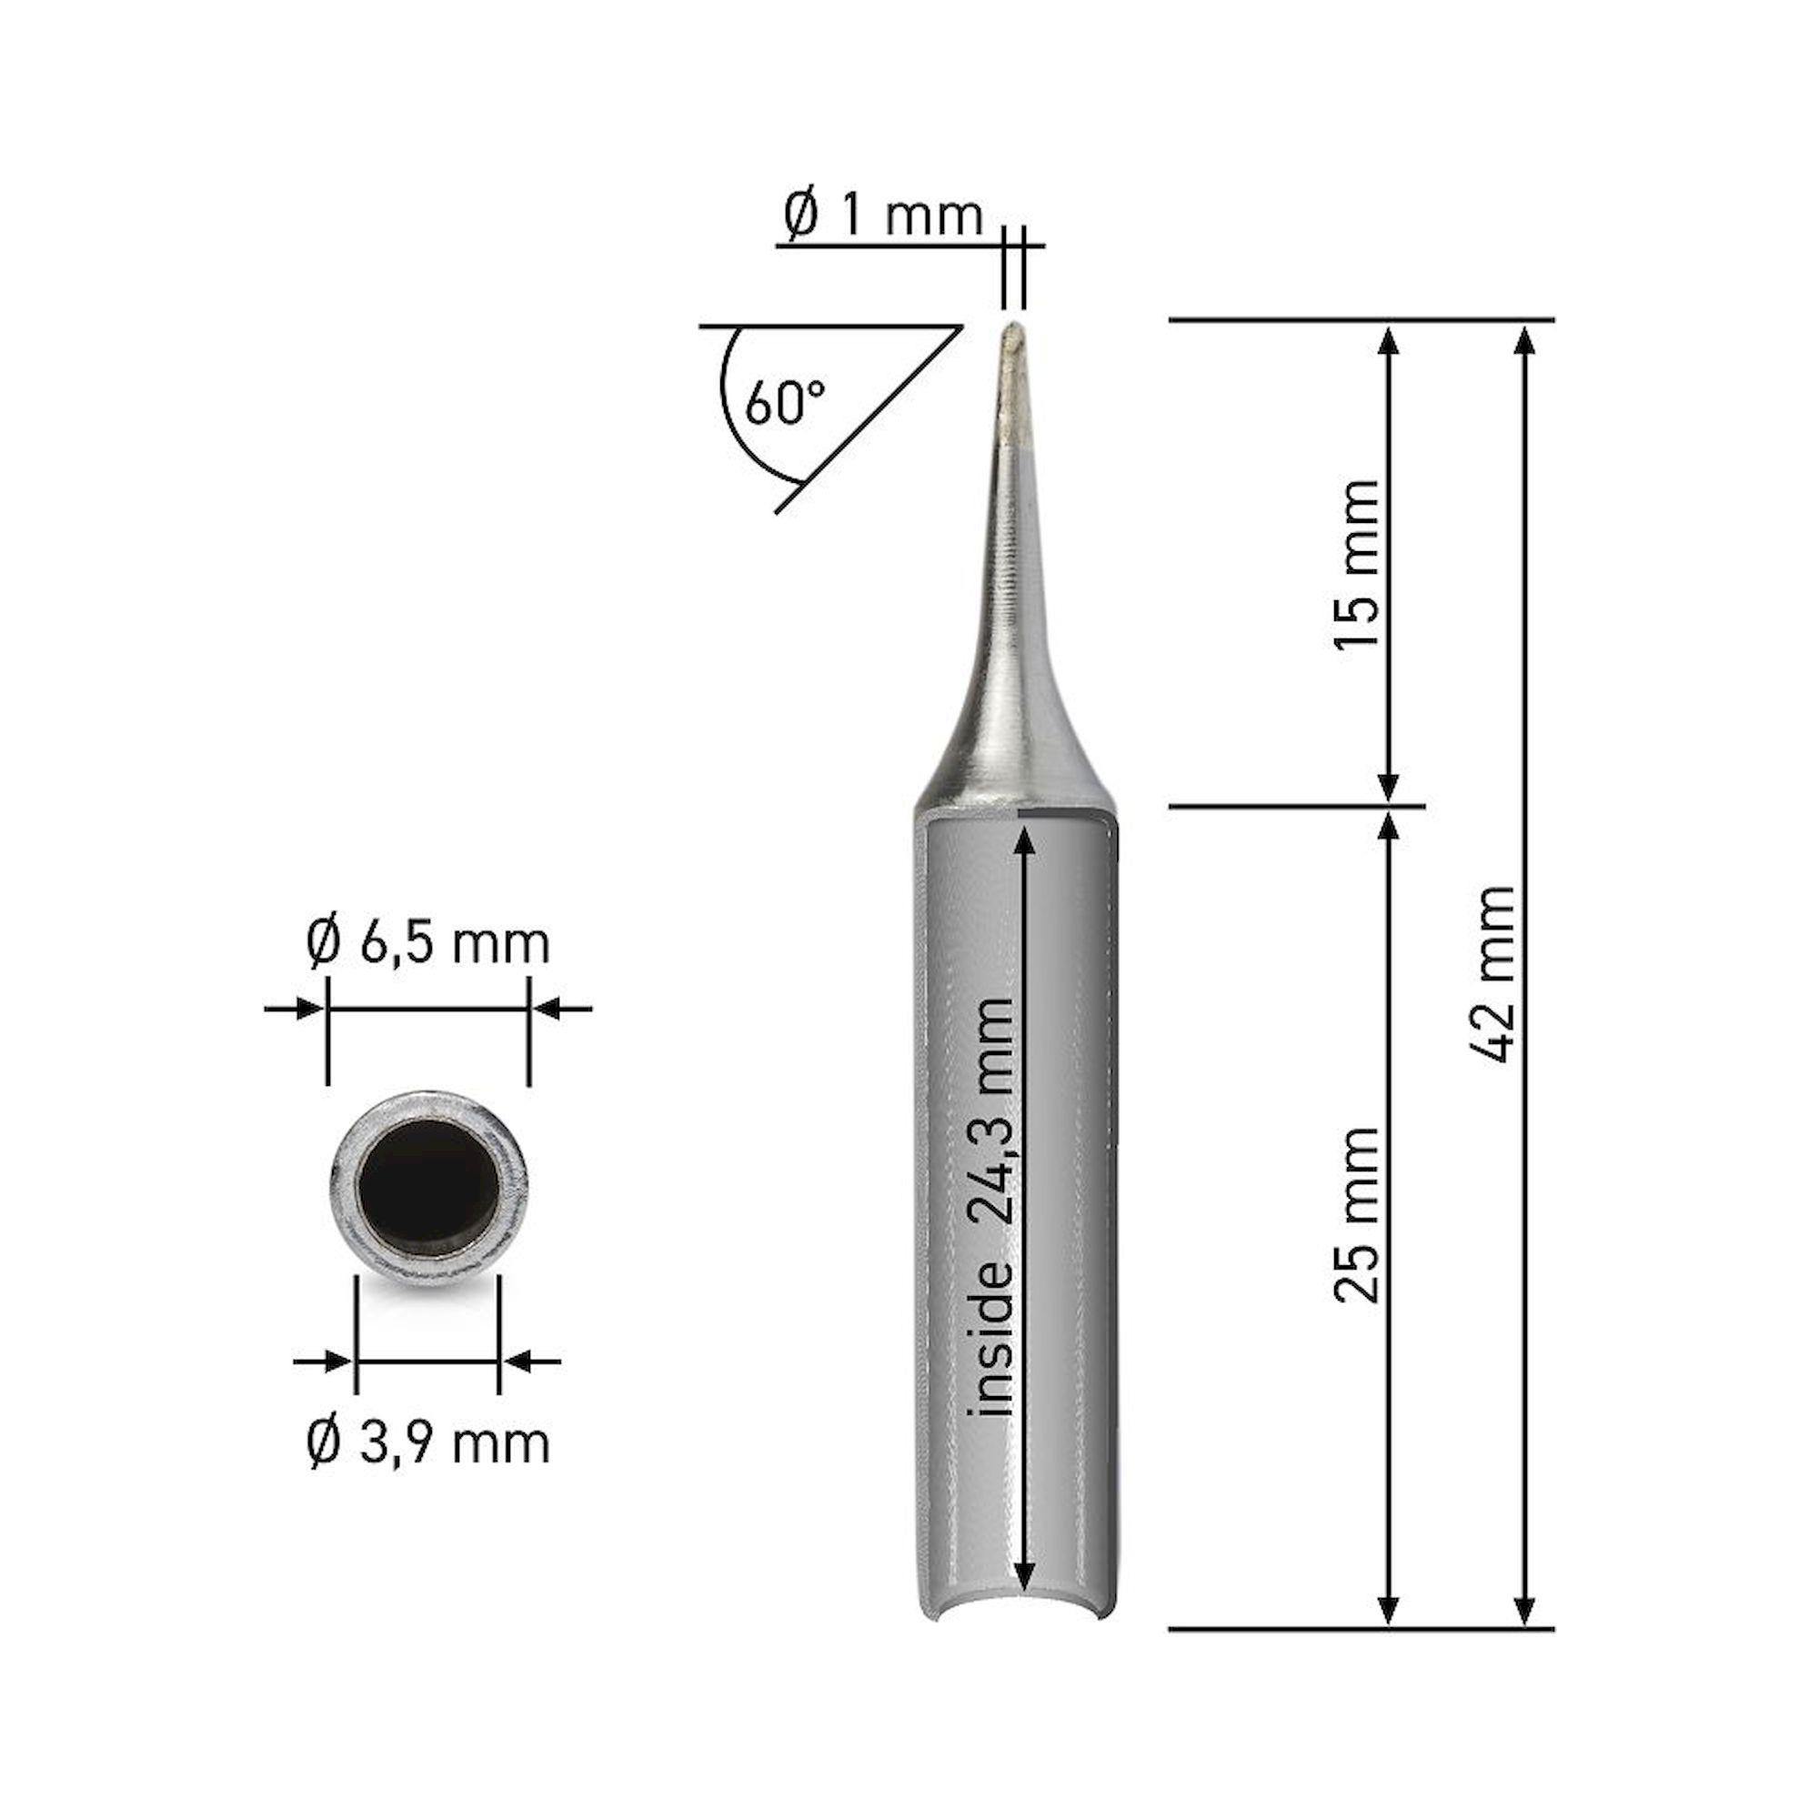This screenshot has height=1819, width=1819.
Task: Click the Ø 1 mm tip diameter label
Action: [882, 216]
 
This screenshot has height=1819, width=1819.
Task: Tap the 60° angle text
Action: [784, 402]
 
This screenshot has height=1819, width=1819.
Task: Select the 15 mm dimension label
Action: [1357, 564]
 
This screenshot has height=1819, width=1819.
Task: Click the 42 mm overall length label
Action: [1492, 974]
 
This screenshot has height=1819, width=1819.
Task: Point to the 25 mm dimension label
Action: [1357, 1214]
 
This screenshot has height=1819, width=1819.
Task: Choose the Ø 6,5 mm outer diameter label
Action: [427, 943]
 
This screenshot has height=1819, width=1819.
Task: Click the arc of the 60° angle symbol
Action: [732, 424]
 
